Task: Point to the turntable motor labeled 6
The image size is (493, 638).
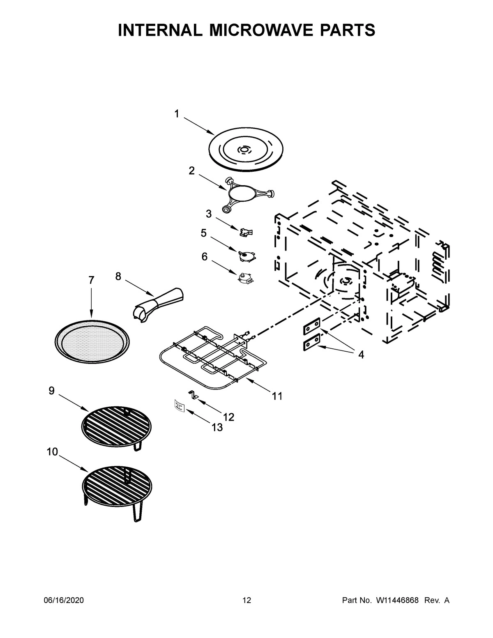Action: click(x=245, y=278)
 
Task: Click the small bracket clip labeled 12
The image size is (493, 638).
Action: click(x=194, y=394)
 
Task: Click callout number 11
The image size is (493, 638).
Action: click(x=277, y=396)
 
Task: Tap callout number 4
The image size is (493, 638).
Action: click(x=361, y=355)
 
